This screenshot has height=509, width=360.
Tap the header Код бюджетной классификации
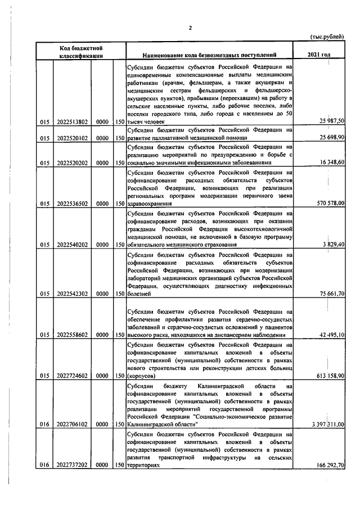coord(81,51)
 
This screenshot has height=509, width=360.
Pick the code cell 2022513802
coord(72,121)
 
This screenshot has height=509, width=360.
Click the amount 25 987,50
coord(332,121)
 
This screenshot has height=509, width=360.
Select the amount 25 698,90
coord(332,137)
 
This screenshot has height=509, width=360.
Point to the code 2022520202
coord(72,163)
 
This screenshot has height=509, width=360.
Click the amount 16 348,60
coord(332,163)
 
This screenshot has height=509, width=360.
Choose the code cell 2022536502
coord(72,204)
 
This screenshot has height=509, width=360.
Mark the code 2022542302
coord(72,294)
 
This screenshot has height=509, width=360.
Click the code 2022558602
coord(72,335)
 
